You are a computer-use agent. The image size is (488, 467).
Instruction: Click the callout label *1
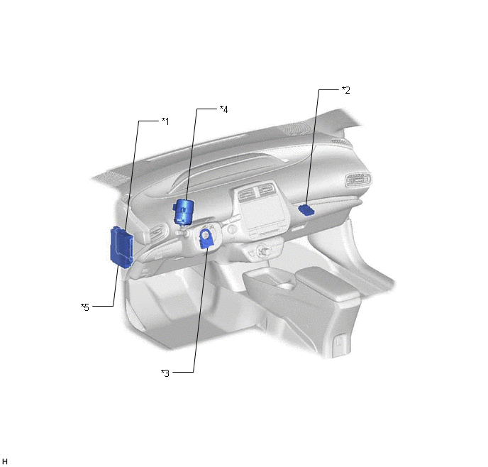coord(165,121)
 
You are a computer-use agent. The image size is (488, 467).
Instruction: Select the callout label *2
coord(345,90)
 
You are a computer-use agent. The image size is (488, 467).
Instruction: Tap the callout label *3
coord(165,373)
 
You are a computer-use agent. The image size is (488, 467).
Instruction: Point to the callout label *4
coord(223,109)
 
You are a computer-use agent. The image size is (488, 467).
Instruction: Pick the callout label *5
coord(85,307)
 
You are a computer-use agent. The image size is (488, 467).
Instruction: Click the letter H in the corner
coord(4,461)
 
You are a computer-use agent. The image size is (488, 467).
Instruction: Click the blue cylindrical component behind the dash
coord(183,211)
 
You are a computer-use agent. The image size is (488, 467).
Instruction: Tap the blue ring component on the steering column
coord(206,238)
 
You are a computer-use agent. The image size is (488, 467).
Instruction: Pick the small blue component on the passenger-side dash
coord(306,210)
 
